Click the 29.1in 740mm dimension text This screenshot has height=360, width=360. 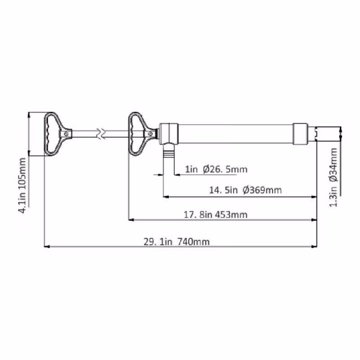click(176, 242)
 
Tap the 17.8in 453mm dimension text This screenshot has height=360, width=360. click(216, 214)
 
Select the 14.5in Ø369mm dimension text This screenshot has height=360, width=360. click(245, 190)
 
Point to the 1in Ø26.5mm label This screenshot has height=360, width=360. click(216, 170)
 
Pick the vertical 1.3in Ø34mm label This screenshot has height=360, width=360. click(334, 178)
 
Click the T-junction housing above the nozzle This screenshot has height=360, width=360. click(168, 133)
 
